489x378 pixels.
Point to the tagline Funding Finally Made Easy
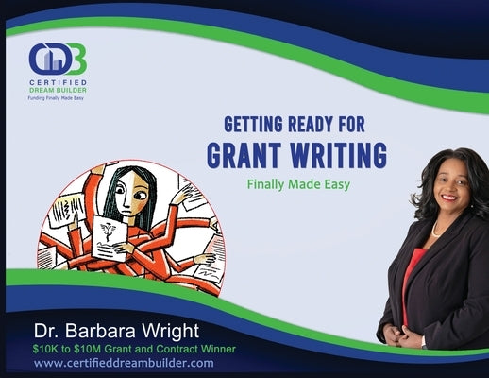(56, 98)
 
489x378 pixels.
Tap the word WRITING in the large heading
(333, 152)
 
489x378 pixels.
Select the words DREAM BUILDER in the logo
(58, 90)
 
